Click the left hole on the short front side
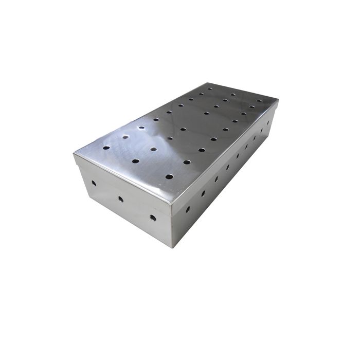[94, 183]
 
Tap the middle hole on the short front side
[121, 199]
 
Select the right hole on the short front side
[153, 218]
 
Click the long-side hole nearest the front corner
[188, 210]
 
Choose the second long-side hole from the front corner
[203, 193]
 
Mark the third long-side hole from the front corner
[216, 179]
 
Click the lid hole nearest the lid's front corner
[169, 176]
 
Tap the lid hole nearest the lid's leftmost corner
[106, 148]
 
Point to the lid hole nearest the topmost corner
[210, 88]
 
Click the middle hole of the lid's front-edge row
[135, 161]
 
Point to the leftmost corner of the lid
[73, 153]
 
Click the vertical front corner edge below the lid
[172, 226]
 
